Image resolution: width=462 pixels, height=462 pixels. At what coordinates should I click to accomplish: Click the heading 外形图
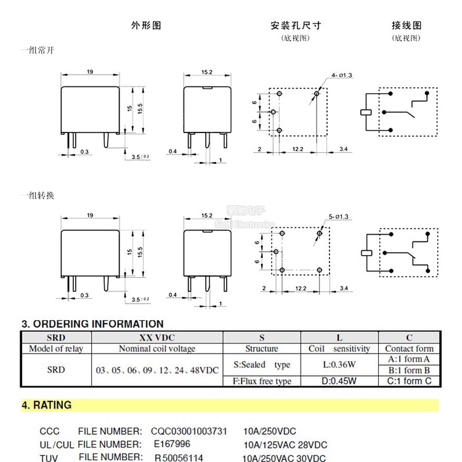(146, 26)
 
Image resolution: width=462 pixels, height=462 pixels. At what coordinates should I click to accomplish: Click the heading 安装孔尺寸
(296, 26)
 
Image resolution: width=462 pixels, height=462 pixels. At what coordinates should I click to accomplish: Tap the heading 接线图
(407, 26)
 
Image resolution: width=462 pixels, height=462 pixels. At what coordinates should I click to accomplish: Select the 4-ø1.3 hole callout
(341, 75)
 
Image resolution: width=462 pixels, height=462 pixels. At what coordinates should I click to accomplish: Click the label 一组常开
(37, 50)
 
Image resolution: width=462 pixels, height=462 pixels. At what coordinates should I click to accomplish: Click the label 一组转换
(37, 195)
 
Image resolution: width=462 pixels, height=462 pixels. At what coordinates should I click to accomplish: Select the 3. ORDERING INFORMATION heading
(92, 324)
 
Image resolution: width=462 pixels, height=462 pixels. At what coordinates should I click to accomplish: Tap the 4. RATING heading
(47, 405)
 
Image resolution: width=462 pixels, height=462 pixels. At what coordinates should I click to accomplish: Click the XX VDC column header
(156, 338)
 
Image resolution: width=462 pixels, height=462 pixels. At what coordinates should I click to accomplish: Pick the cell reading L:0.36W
(339, 365)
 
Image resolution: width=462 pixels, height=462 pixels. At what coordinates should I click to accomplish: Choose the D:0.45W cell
(339, 381)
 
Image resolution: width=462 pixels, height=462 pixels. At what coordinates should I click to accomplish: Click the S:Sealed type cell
(261, 365)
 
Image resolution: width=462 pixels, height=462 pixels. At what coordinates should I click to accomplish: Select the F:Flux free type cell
(261, 381)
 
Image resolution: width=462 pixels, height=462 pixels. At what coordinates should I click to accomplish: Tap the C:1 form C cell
(409, 381)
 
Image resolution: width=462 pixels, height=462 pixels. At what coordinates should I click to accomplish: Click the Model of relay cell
(56, 349)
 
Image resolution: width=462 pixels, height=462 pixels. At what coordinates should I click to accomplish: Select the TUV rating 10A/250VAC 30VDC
(284, 458)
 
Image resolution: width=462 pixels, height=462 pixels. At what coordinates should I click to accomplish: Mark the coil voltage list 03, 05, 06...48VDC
(156, 370)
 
